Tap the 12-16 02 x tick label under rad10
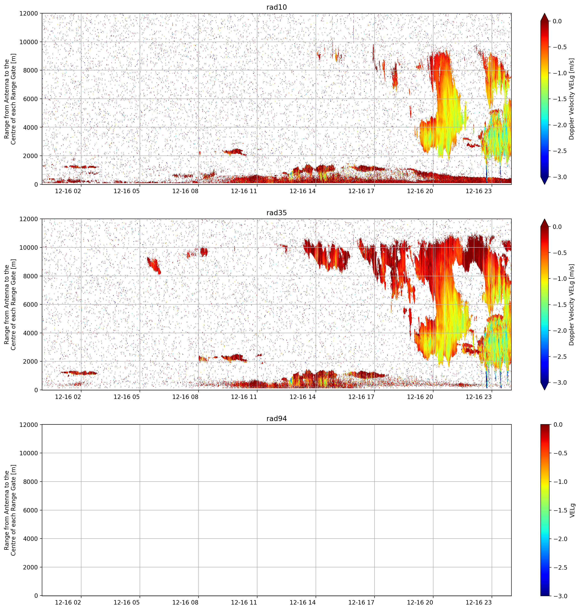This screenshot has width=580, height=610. (68, 191)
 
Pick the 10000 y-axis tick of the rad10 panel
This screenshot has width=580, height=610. (29, 42)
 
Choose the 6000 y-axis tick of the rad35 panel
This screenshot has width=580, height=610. (31, 304)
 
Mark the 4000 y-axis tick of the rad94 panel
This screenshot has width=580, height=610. (31, 539)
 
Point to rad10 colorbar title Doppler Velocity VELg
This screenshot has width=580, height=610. (571, 99)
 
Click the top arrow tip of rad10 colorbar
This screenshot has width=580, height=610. (544, 13)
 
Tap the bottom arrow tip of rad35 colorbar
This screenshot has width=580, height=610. (544, 390)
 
